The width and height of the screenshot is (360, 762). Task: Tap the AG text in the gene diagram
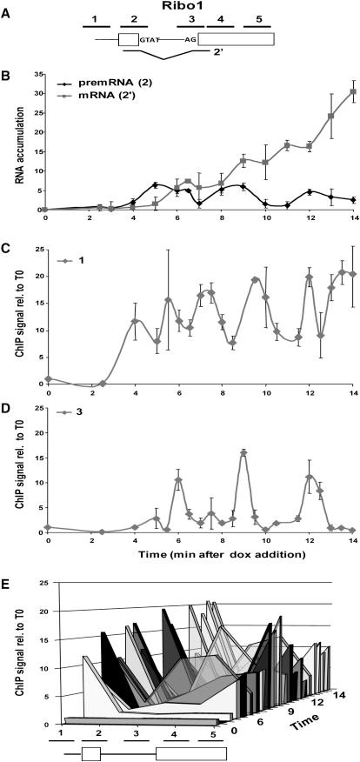(x=189, y=39)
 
